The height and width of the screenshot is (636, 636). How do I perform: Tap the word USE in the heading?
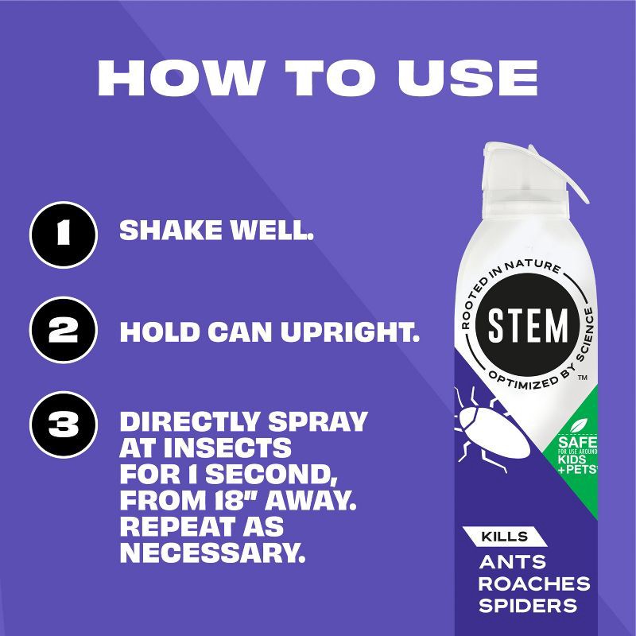[467, 77]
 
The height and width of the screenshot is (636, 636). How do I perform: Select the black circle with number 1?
[64, 235]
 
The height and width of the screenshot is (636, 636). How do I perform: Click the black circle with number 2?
[64, 330]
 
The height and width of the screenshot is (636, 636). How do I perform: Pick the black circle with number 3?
[64, 425]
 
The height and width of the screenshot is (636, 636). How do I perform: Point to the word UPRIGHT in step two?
[350, 332]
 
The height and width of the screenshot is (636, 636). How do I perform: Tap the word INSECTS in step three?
[227, 448]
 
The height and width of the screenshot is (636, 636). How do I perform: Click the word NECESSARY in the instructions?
[212, 553]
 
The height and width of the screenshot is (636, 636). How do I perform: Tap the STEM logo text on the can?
[528, 325]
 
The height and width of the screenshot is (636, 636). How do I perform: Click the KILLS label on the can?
[505, 537]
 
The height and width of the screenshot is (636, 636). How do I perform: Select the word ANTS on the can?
[513, 562]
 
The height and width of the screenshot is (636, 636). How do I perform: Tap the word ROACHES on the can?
[534, 584]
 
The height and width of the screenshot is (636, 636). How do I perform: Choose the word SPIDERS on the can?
[528, 606]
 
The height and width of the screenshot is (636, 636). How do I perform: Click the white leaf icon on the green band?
[579, 426]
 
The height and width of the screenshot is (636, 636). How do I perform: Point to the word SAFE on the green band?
[578, 443]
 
